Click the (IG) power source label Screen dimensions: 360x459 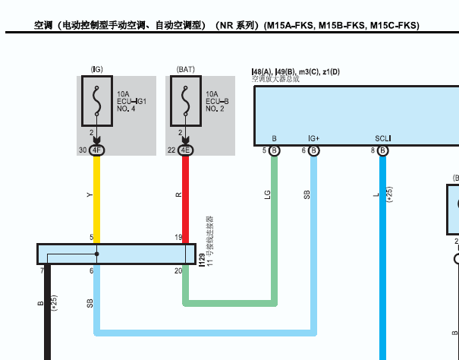[x=96, y=69]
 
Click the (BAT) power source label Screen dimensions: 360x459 [x=185, y=69]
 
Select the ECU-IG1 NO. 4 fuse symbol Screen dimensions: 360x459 [x=96, y=102]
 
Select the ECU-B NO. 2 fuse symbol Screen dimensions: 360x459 [x=185, y=102]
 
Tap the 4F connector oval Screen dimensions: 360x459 [x=96, y=150]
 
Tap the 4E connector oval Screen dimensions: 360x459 [x=185, y=150]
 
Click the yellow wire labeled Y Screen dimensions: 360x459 [x=96, y=197]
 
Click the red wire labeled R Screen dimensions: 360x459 [x=185, y=197]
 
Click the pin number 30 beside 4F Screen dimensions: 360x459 [x=82, y=150]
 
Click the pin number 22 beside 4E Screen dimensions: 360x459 [x=171, y=150]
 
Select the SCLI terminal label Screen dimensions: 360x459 [x=382, y=138]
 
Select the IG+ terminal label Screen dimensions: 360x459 [x=313, y=138]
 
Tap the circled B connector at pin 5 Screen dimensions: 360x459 [x=275, y=151]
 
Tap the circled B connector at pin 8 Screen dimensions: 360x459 [x=383, y=151]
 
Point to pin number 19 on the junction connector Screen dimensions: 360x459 [x=178, y=238]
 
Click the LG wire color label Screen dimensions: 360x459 [x=267, y=195]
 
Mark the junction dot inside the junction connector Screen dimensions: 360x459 [x=96, y=254]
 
